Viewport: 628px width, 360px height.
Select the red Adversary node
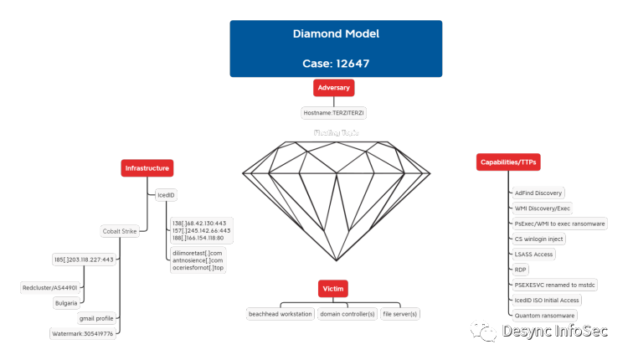[333, 87]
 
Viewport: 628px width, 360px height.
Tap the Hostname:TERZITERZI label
[334, 111]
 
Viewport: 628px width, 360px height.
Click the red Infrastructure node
[147, 168]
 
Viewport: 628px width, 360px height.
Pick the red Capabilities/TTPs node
[508, 161]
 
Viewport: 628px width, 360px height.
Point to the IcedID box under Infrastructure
[167, 195]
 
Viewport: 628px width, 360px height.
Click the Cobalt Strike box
[119, 230]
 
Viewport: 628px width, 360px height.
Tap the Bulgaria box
[66, 302]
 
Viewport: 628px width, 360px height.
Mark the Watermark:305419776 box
[82, 333]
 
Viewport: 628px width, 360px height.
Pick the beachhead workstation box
[279, 313]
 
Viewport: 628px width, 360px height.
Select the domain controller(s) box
[347, 313]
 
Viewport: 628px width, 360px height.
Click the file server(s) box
[399, 313]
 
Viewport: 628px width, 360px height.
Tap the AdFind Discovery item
[538, 193]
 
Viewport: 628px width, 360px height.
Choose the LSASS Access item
[534, 254]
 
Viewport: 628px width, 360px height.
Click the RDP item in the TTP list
[520, 270]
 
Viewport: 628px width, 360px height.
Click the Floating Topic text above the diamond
[334, 132]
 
